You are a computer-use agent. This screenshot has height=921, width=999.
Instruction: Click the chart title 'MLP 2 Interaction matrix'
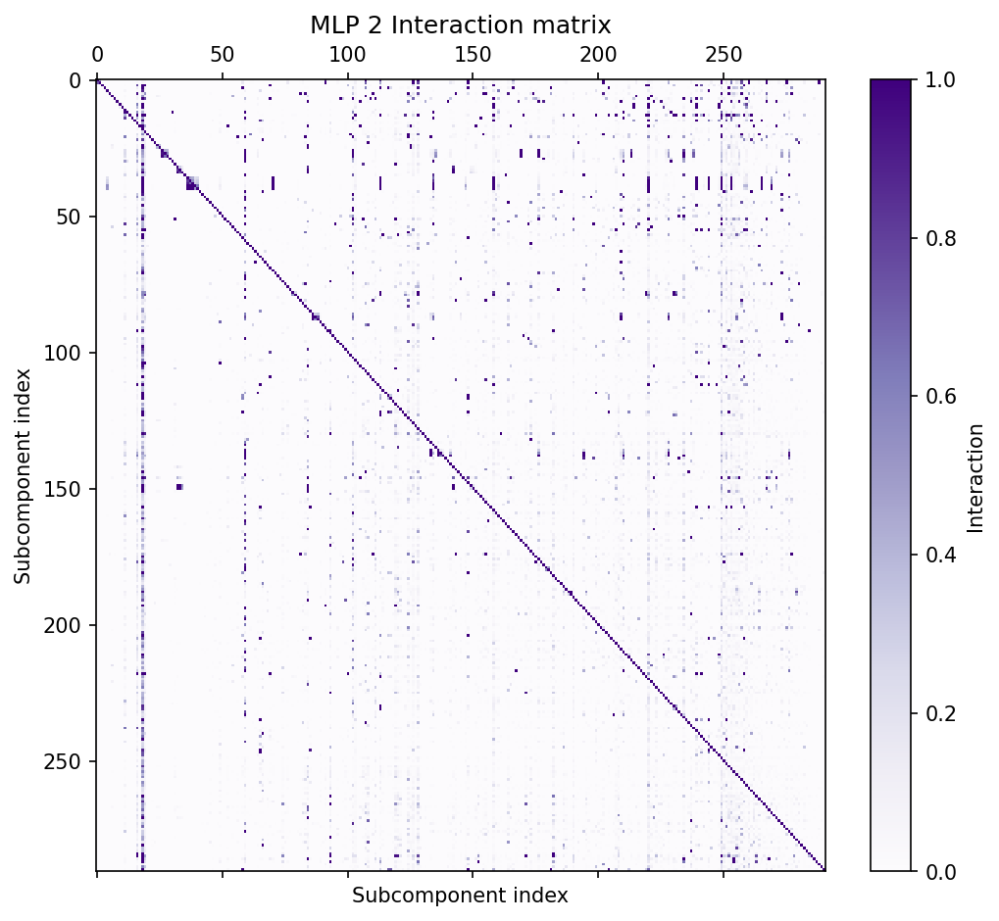coord(460,25)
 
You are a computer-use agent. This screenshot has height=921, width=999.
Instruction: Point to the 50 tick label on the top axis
coord(223,55)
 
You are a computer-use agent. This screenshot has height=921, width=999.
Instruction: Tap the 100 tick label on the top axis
coord(347,55)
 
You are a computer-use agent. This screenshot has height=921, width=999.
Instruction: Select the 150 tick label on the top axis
coord(473,55)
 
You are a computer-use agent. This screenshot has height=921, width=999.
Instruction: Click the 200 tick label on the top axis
coord(598,55)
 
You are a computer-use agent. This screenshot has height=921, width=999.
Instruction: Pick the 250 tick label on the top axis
coord(723,55)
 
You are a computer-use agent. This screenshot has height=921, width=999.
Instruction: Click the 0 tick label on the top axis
coord(97,55)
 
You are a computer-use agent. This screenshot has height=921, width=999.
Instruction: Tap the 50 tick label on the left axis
coord(70,217)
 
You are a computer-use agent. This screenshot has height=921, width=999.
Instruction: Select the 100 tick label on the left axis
coord(65,353)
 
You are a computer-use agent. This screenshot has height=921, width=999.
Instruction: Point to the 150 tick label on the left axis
coord(65,489)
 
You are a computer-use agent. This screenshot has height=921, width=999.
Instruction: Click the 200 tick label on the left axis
coord(65,625)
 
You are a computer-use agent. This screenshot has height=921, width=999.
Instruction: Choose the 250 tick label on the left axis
coord(65,761)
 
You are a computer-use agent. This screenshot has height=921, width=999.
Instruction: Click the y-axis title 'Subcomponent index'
coord(23,475)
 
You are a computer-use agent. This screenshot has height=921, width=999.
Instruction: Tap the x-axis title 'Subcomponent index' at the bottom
coord(460,896)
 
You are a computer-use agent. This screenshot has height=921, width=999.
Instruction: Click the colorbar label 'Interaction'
coord(974,478)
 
